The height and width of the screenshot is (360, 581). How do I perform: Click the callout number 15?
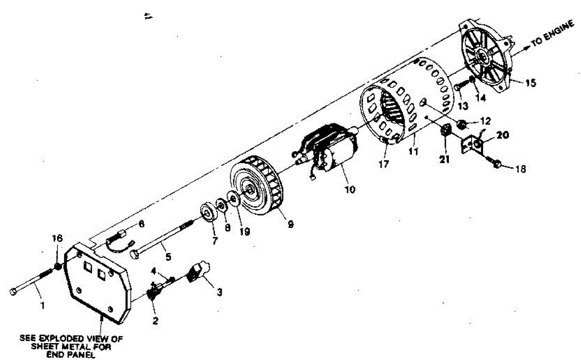531,83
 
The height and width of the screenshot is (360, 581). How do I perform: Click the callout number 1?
42,306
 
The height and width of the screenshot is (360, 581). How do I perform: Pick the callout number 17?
383,165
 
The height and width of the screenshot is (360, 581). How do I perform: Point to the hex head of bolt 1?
13,291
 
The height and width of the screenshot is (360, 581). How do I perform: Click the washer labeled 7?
209,212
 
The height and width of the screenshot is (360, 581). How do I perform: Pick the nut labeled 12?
462,124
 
